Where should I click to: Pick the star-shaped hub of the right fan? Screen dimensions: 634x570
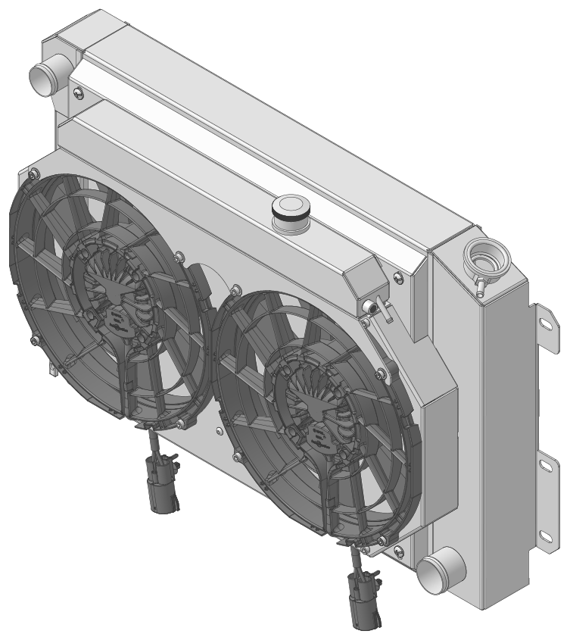(310, 402)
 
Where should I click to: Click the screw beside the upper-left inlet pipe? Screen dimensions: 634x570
(80, 92)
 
